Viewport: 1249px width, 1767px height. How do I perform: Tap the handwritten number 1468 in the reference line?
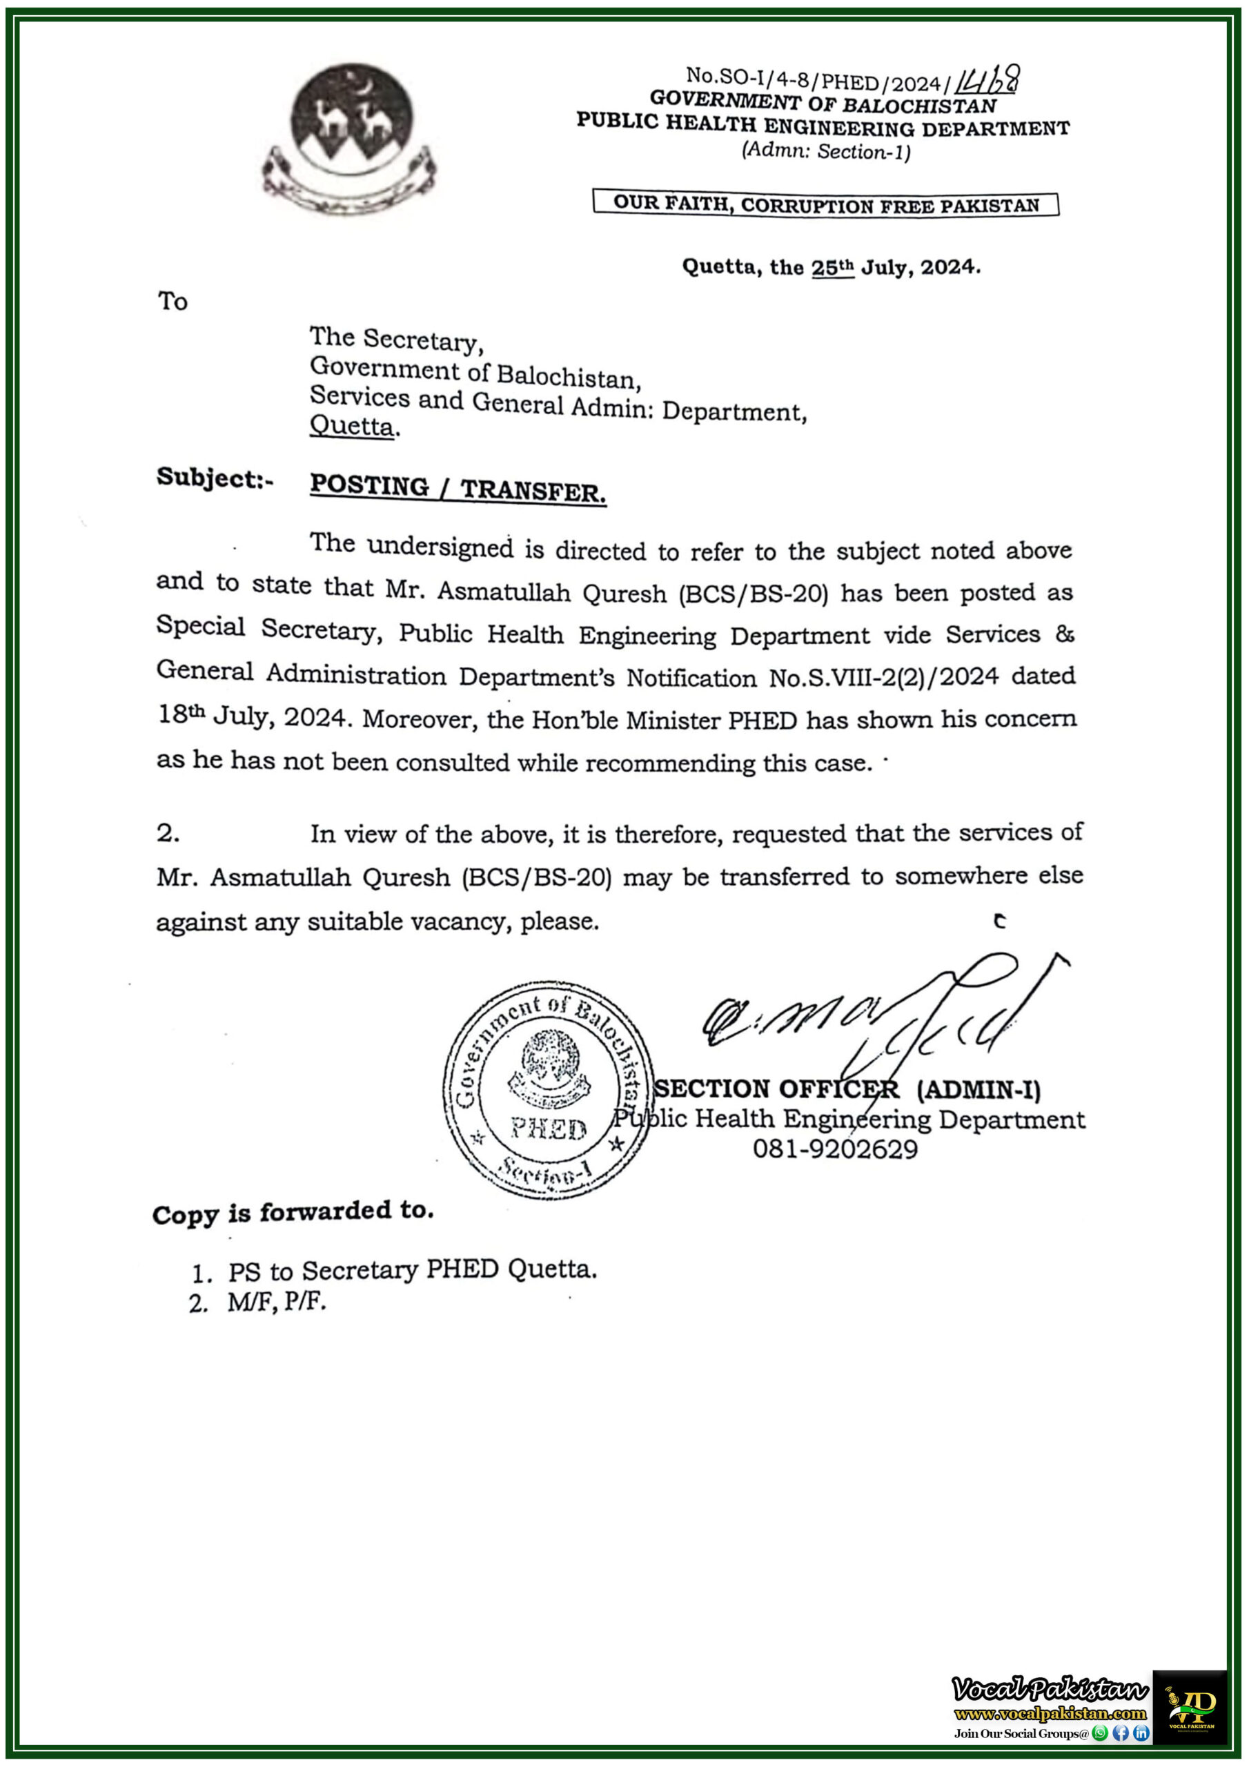point(986,79)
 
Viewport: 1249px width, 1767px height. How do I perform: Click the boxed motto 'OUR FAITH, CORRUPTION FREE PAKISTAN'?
point(826,205)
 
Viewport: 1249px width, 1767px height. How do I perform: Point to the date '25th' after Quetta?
point(833,267)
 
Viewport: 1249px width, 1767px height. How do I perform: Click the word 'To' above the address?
point(173,301)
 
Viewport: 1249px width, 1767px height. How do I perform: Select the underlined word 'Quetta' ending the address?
point(352,426)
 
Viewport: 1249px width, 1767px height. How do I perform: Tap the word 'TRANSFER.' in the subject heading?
point(533,490)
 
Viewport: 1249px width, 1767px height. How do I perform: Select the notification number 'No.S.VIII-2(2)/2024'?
point(883,677)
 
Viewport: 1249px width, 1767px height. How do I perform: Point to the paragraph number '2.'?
point(168,832)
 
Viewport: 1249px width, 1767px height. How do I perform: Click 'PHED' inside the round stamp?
point(549,1129)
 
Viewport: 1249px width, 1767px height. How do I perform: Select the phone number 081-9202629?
point(835,1149)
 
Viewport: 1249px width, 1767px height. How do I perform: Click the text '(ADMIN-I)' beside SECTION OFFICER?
point(979,1090)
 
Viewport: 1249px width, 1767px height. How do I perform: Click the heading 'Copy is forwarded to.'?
point(293,1212)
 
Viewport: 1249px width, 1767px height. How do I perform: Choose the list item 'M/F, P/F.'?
point(277,1301)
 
